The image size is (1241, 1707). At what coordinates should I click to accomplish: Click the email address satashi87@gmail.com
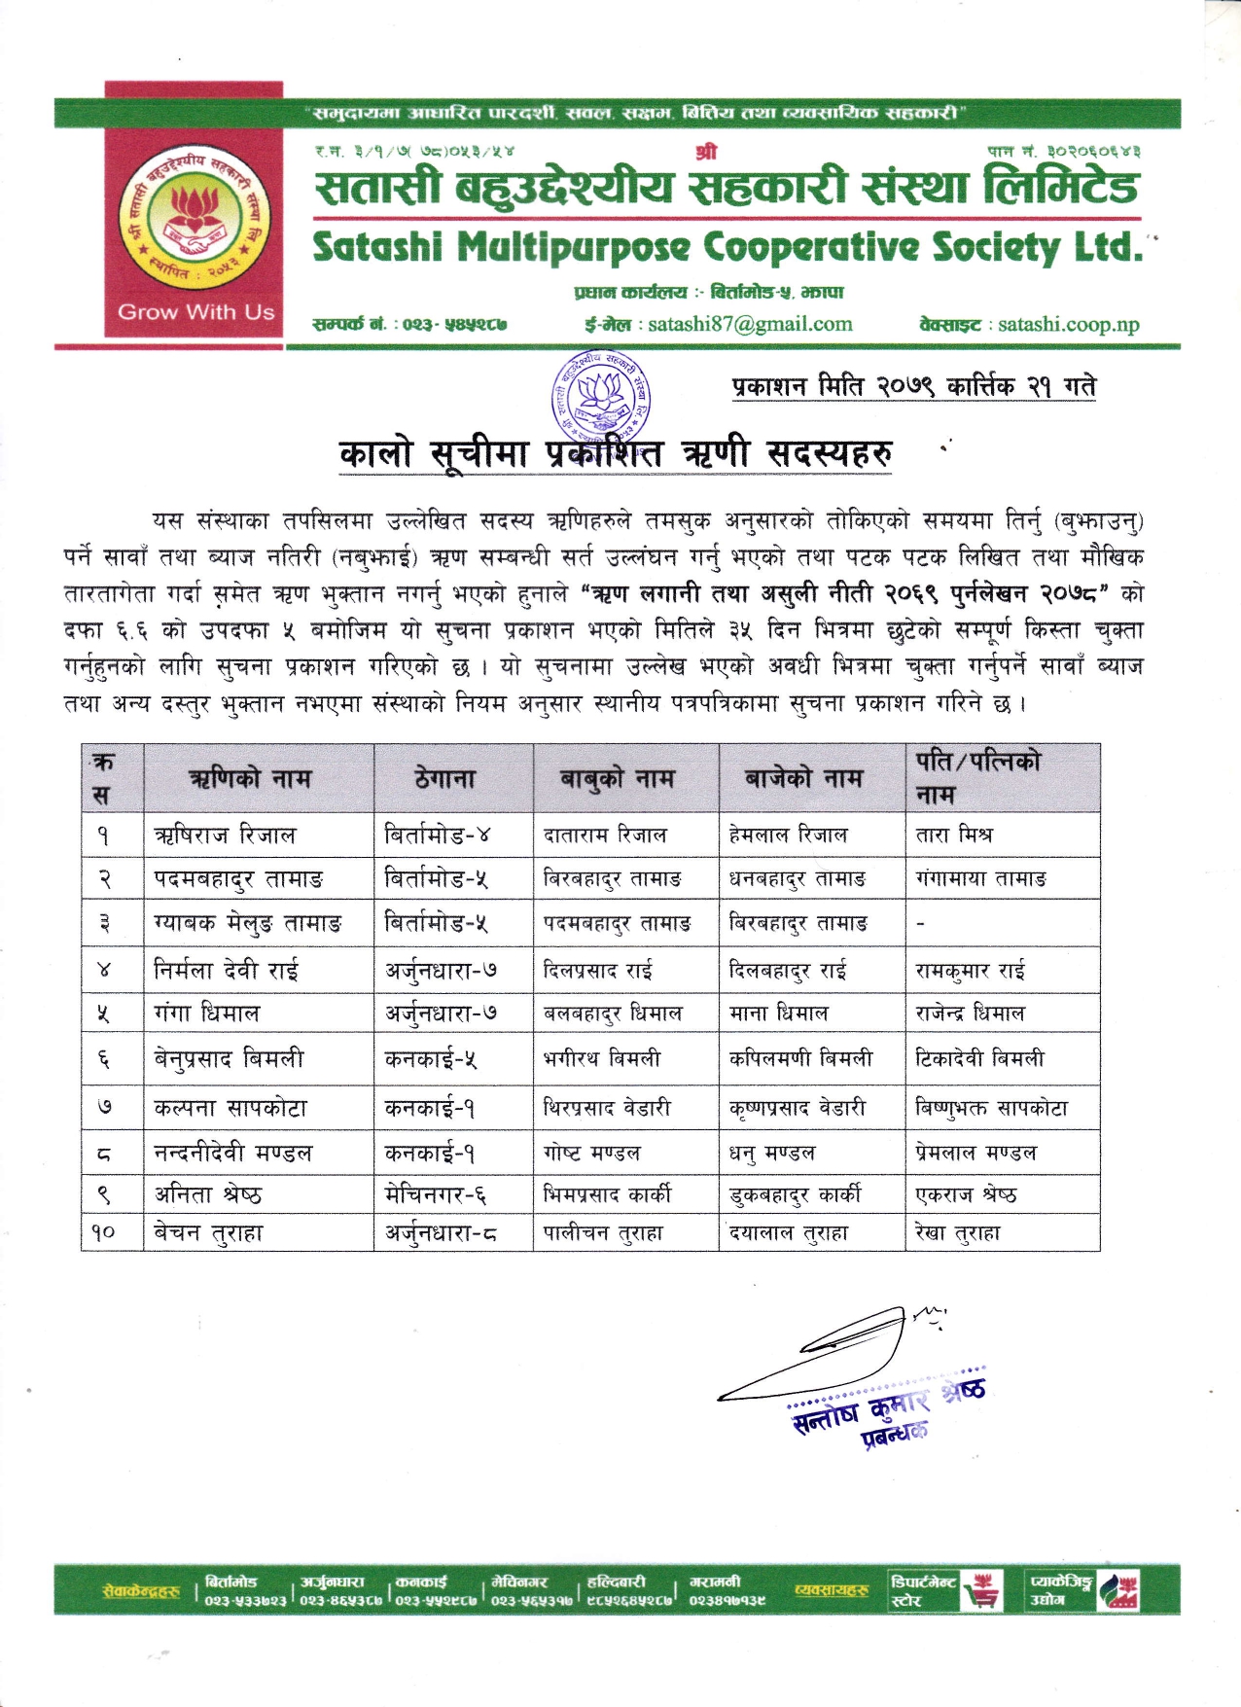point(750,325)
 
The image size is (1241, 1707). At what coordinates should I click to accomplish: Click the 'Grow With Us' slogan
point(195,312)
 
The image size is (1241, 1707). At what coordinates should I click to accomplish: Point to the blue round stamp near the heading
point(601,400)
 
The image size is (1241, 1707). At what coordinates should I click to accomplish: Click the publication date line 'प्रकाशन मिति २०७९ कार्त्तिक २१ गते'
point(913,387)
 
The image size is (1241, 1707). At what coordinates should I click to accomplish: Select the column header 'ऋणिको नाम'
point(250,779)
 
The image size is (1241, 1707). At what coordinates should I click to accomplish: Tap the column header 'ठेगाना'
point(445,779)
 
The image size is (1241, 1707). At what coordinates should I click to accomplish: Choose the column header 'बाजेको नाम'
point(803,779)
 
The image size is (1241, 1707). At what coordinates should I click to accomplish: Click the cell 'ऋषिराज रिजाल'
point(225,836)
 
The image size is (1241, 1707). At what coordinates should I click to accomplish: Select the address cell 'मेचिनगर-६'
point(436,1194)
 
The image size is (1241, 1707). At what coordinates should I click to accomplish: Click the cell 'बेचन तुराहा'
point(208,1233)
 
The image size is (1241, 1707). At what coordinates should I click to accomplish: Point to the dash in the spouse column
point(921,923)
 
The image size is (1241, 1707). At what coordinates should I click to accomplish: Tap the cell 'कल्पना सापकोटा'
point(230,1109)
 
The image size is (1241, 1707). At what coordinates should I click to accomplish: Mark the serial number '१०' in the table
point(104,1233)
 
